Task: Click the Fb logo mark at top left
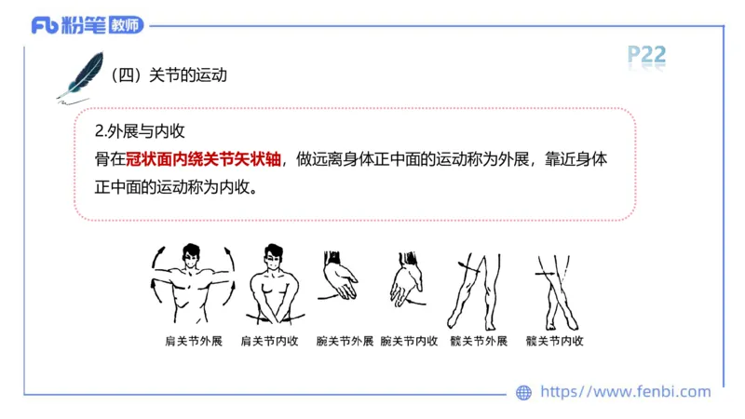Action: tap(45, 25)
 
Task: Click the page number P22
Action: tap(646, 55)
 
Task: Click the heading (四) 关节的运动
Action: tap(169, 75)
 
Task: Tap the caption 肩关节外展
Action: tap(193, 341)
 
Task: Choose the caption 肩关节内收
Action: tap(270, 341)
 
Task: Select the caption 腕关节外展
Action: tap(345, 341)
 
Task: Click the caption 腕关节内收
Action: tap(410, 341)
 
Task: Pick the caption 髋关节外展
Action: tap(478, 341)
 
